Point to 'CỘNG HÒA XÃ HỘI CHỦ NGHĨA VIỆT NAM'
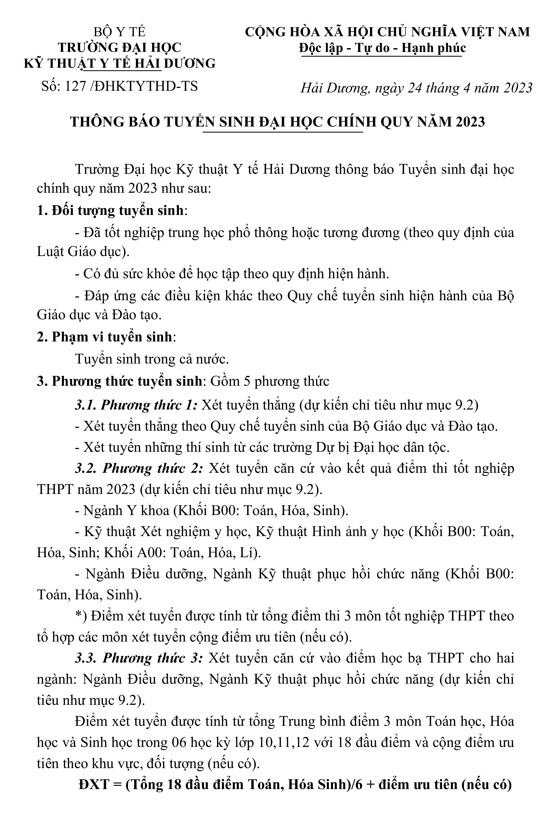pos(387,32)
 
